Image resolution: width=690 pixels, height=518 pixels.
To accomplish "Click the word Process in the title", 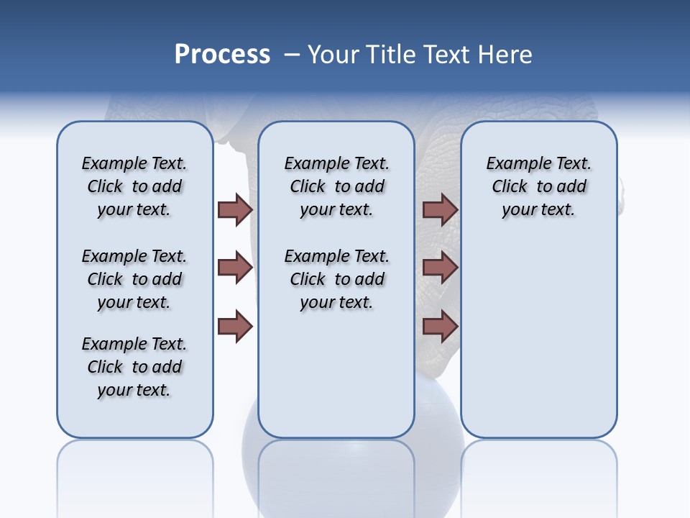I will (222, 55).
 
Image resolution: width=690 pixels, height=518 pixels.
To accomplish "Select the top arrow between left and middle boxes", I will (235, 209).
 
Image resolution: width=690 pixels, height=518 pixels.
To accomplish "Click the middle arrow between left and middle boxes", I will (235, 268).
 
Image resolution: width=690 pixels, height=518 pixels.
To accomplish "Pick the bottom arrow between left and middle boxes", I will (235, 326).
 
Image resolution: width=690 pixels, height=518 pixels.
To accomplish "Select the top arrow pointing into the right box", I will (440, 209).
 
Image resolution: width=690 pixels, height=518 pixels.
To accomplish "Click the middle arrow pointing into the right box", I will (440, 268).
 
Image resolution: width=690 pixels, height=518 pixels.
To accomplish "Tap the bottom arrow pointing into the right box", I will (440, 326).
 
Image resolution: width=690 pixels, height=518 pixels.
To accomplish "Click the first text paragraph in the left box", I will (134, 186).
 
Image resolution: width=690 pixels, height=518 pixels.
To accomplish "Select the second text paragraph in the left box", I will (134, 279).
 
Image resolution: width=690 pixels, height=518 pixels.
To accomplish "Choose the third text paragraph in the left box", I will (134, 367).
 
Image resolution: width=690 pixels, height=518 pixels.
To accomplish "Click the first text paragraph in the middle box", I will (336, 186).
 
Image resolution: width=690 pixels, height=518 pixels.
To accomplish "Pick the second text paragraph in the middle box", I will (336, 279).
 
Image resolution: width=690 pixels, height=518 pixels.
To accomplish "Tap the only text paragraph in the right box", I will (538, 186).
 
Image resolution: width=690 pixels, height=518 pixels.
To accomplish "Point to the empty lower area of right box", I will (538, 345).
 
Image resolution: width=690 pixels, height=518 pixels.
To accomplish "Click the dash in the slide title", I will (292, 55).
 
